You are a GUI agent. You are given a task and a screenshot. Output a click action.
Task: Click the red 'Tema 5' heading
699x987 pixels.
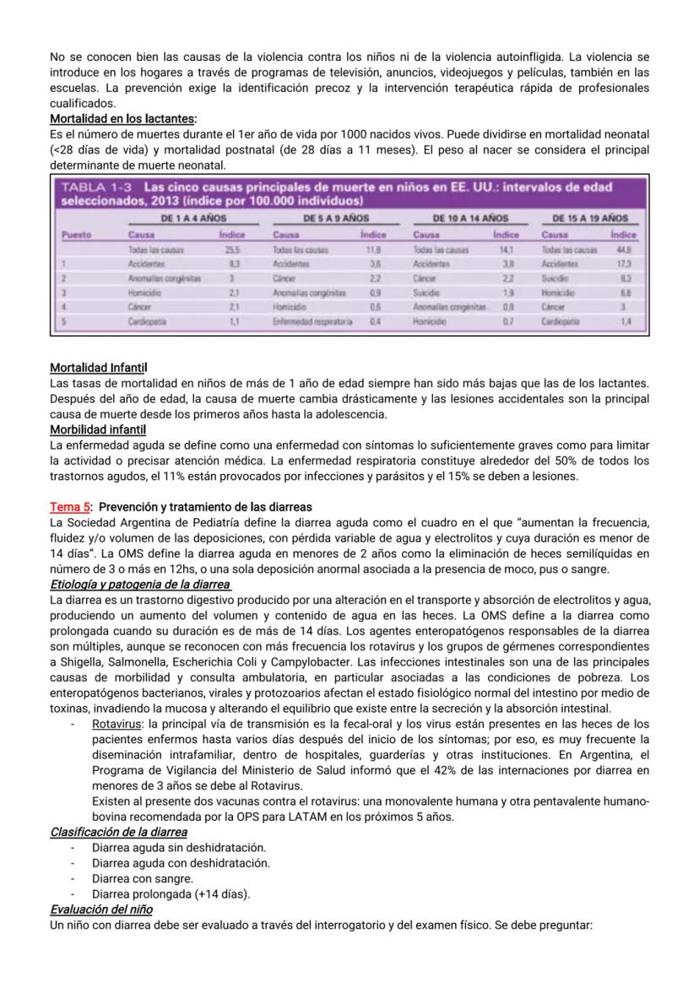(x=69, y=507)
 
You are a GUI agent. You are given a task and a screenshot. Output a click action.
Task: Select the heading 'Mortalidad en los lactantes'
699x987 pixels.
(x=122, y=119)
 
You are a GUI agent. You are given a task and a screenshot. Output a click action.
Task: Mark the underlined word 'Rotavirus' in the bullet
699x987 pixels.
(x=116, y=724)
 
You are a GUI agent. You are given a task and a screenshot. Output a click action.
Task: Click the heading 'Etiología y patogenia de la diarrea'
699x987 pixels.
(x=139, y=585)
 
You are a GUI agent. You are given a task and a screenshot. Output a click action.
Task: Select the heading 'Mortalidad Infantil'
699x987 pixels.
(x=98, y=369)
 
